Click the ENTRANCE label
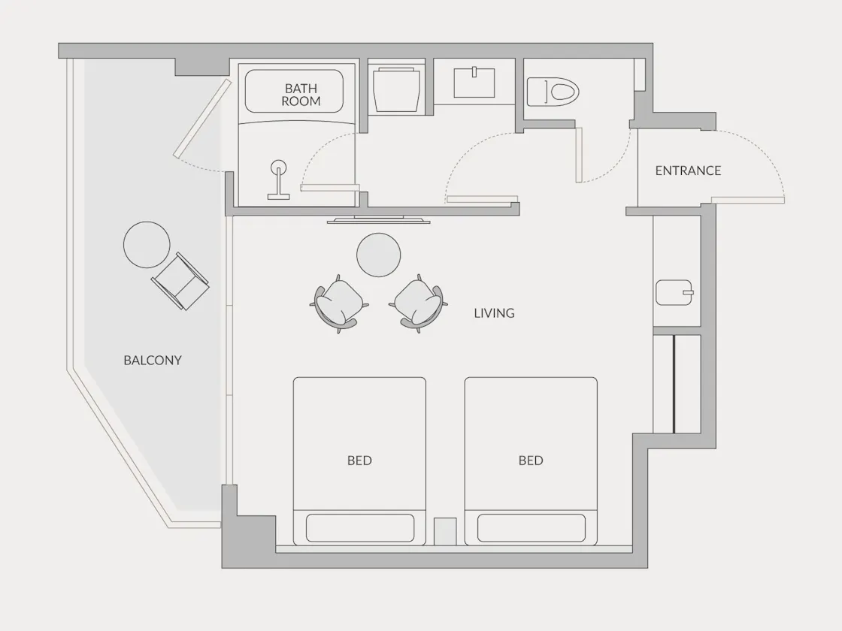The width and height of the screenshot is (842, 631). pos(688,171)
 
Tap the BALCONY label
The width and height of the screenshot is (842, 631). pos(153,360)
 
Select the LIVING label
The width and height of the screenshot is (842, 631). pos(494,312)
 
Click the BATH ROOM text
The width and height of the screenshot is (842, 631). pos(301,95)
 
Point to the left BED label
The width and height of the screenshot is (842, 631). pos(359,460)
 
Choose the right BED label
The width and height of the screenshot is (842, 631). pos(531,460)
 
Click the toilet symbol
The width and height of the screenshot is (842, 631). pos(553,91)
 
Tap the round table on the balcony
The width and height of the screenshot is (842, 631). pos(147,245)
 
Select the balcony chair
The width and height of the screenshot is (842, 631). pos(180,281)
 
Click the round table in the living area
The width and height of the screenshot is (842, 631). pos(379,255)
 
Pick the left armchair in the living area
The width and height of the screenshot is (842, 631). pos(339,303)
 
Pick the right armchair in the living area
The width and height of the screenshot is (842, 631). pos(418,303)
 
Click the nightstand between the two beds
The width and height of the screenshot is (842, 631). pos(445,532)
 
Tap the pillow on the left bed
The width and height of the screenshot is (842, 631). pos(360,528)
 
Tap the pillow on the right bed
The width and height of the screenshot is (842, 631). pos(531,528)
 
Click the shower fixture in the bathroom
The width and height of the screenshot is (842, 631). pos(279,180)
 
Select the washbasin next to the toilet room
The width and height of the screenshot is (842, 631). pos(474,82)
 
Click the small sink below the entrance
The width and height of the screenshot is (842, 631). pos(674,292)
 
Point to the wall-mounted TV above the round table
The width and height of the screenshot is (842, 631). pos(379,219)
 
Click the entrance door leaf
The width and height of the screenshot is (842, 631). pos(748,200)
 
